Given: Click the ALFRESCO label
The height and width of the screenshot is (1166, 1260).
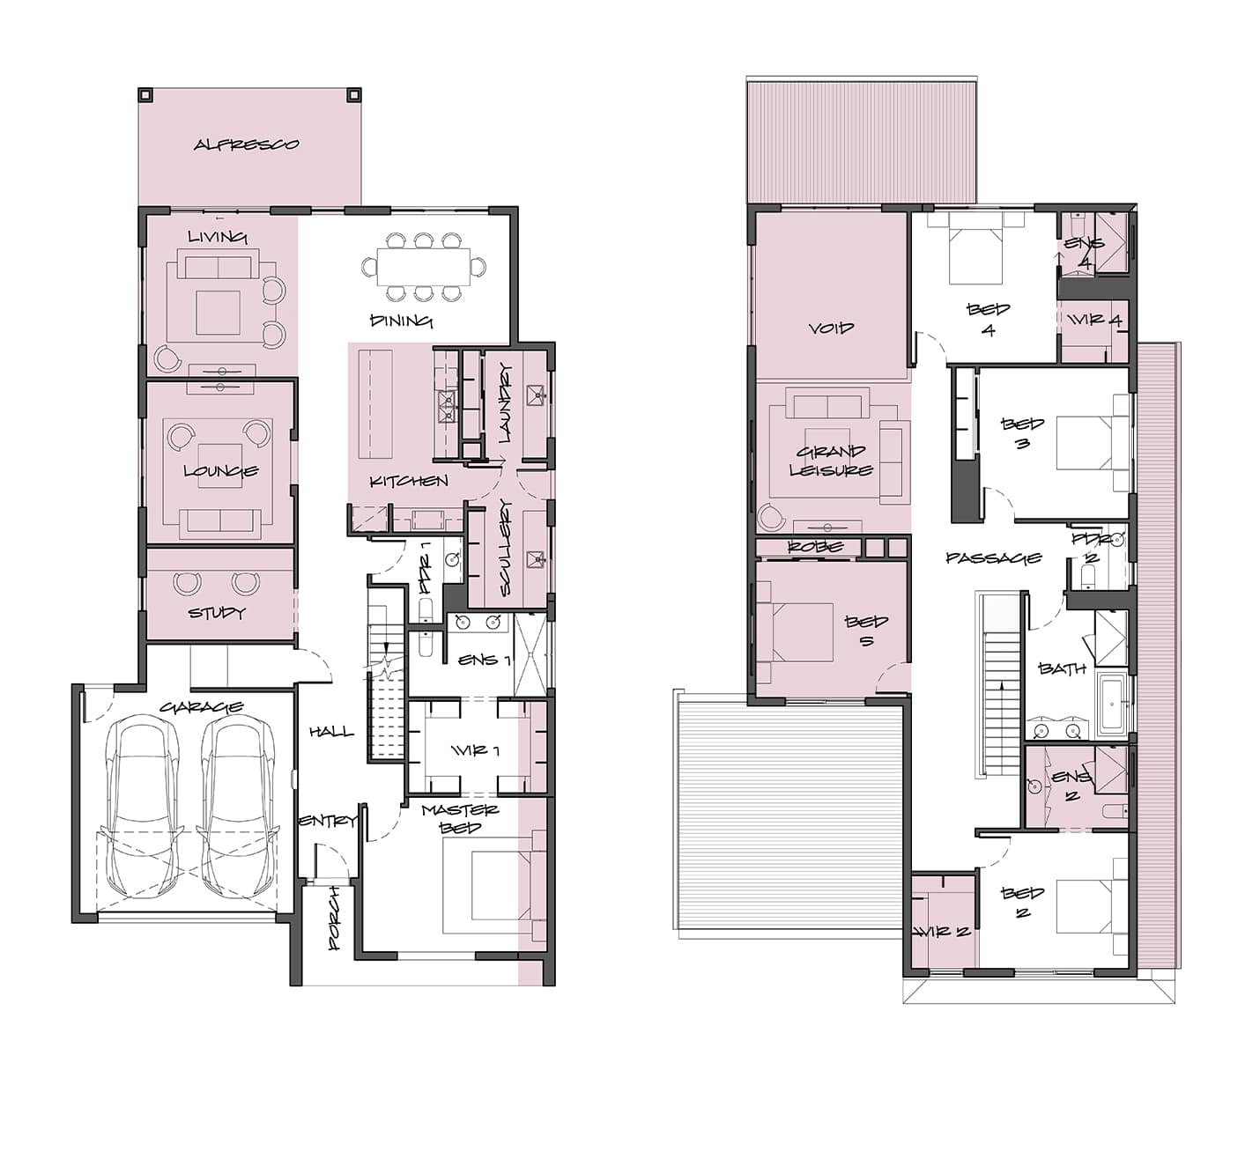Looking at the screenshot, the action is click(x=246, y=144).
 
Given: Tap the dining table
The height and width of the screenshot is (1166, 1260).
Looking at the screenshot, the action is click(x=424, y=267).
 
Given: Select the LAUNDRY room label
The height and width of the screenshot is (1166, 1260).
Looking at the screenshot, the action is click(x=505, y=402).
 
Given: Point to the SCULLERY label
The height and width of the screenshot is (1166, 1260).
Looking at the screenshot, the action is click(x=505, y=548).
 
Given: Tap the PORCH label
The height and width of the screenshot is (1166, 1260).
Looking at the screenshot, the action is click(x=335, y=918).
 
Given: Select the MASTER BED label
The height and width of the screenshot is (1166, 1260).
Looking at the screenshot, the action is click(x=461, y=818).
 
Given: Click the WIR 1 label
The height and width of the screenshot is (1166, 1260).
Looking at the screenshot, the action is click(x=475, y=751).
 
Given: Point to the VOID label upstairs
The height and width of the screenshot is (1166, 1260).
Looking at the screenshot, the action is click(x=831, y=328).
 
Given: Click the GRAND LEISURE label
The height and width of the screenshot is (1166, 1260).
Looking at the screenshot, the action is click(x=831, y=461).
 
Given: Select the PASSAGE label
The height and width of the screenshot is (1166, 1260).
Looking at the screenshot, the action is click(x=994, y=558).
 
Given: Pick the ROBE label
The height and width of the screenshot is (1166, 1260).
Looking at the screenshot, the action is click(x=816, y=546).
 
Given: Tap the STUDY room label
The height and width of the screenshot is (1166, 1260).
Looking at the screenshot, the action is click(x=217, y=613).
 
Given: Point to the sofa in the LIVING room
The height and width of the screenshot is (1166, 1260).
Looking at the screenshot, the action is click(x=218, y=264).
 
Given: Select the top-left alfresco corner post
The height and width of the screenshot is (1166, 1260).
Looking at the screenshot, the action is click(x=145, y=94).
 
